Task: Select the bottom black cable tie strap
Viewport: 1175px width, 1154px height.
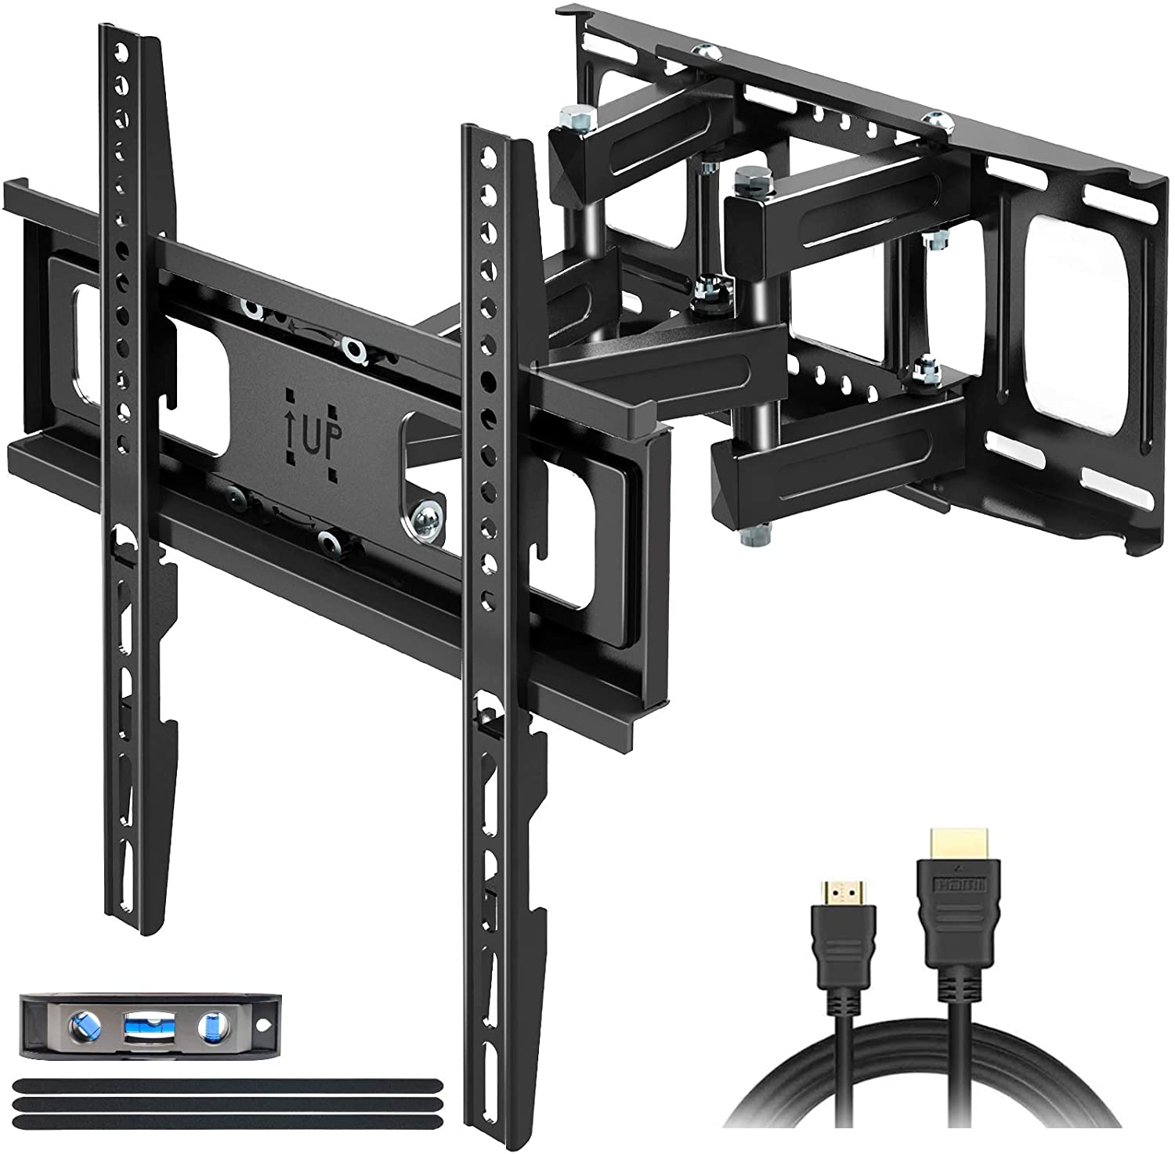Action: (x=226, y=1122)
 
